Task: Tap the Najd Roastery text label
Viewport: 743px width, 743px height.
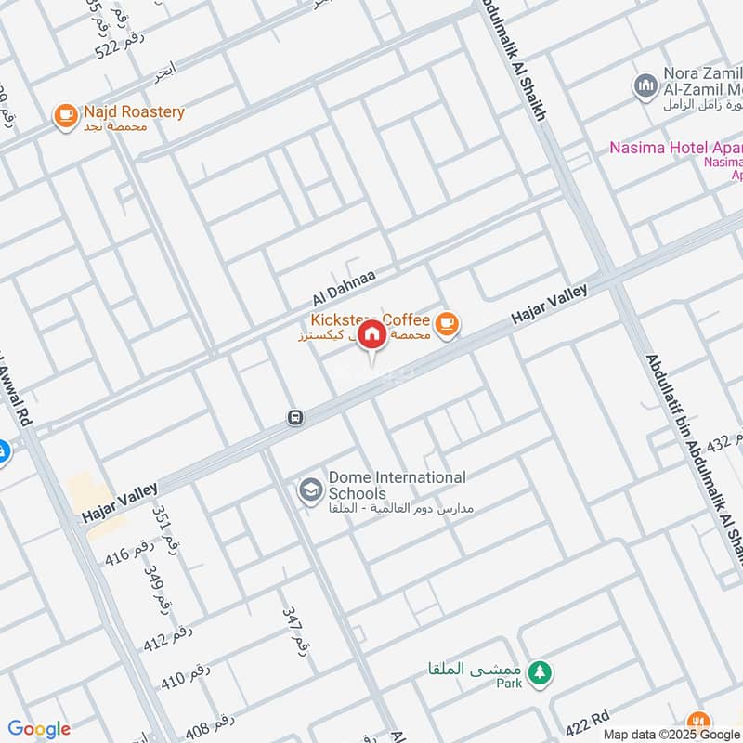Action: [x=134, y=112]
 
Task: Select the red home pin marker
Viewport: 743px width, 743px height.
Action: [x=371, y=334]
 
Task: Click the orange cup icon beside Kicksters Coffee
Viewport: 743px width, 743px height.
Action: [x=448, y=323]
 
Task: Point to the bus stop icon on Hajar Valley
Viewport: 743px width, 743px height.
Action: [x=295, y=418]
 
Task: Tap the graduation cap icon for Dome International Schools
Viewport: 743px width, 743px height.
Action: [x=309, y=489]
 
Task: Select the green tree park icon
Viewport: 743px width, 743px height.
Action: [x=538, y=671]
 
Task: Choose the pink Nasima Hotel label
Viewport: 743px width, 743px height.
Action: [x=676, y=148]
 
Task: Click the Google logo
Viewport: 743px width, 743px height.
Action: [x=39, y=729]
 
